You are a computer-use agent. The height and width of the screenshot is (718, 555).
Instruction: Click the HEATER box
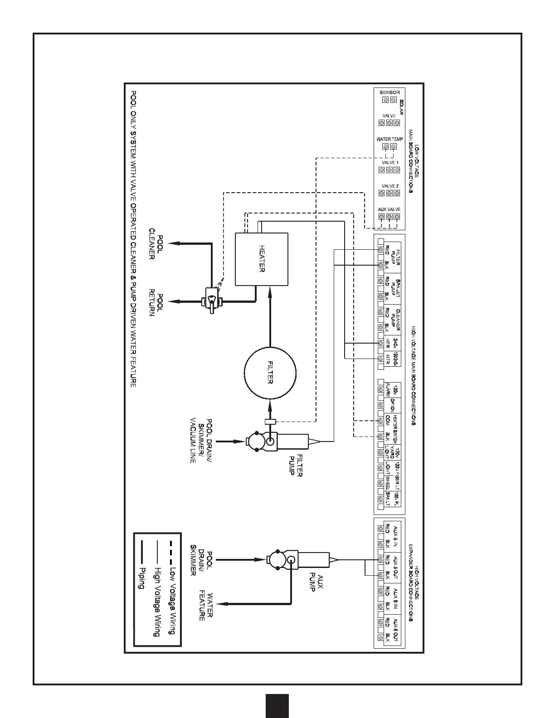[x=262, y=259]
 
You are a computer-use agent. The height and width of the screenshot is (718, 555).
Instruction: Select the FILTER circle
[x=270, y=372]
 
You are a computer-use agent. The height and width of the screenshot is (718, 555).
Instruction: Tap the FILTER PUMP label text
[x=296, y=465]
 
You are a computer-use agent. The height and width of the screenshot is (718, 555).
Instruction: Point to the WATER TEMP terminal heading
[x=389, y=139]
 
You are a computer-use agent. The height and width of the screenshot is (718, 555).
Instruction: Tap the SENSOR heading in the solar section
[x=389, y=92]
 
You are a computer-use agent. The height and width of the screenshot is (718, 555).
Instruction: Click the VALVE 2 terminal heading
[x=389, y=186]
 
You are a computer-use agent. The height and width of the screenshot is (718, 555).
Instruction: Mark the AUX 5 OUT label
[x=395, y=567]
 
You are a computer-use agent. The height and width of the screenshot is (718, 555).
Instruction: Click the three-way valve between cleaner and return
[x=210, y=299]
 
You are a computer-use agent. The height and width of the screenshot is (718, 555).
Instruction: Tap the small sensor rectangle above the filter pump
[x=270, y=422]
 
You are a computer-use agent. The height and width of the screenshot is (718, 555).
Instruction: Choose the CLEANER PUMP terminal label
[x=395, y=319]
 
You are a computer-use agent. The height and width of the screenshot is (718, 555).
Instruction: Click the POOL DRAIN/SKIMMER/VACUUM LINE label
[x=202, y=440]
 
